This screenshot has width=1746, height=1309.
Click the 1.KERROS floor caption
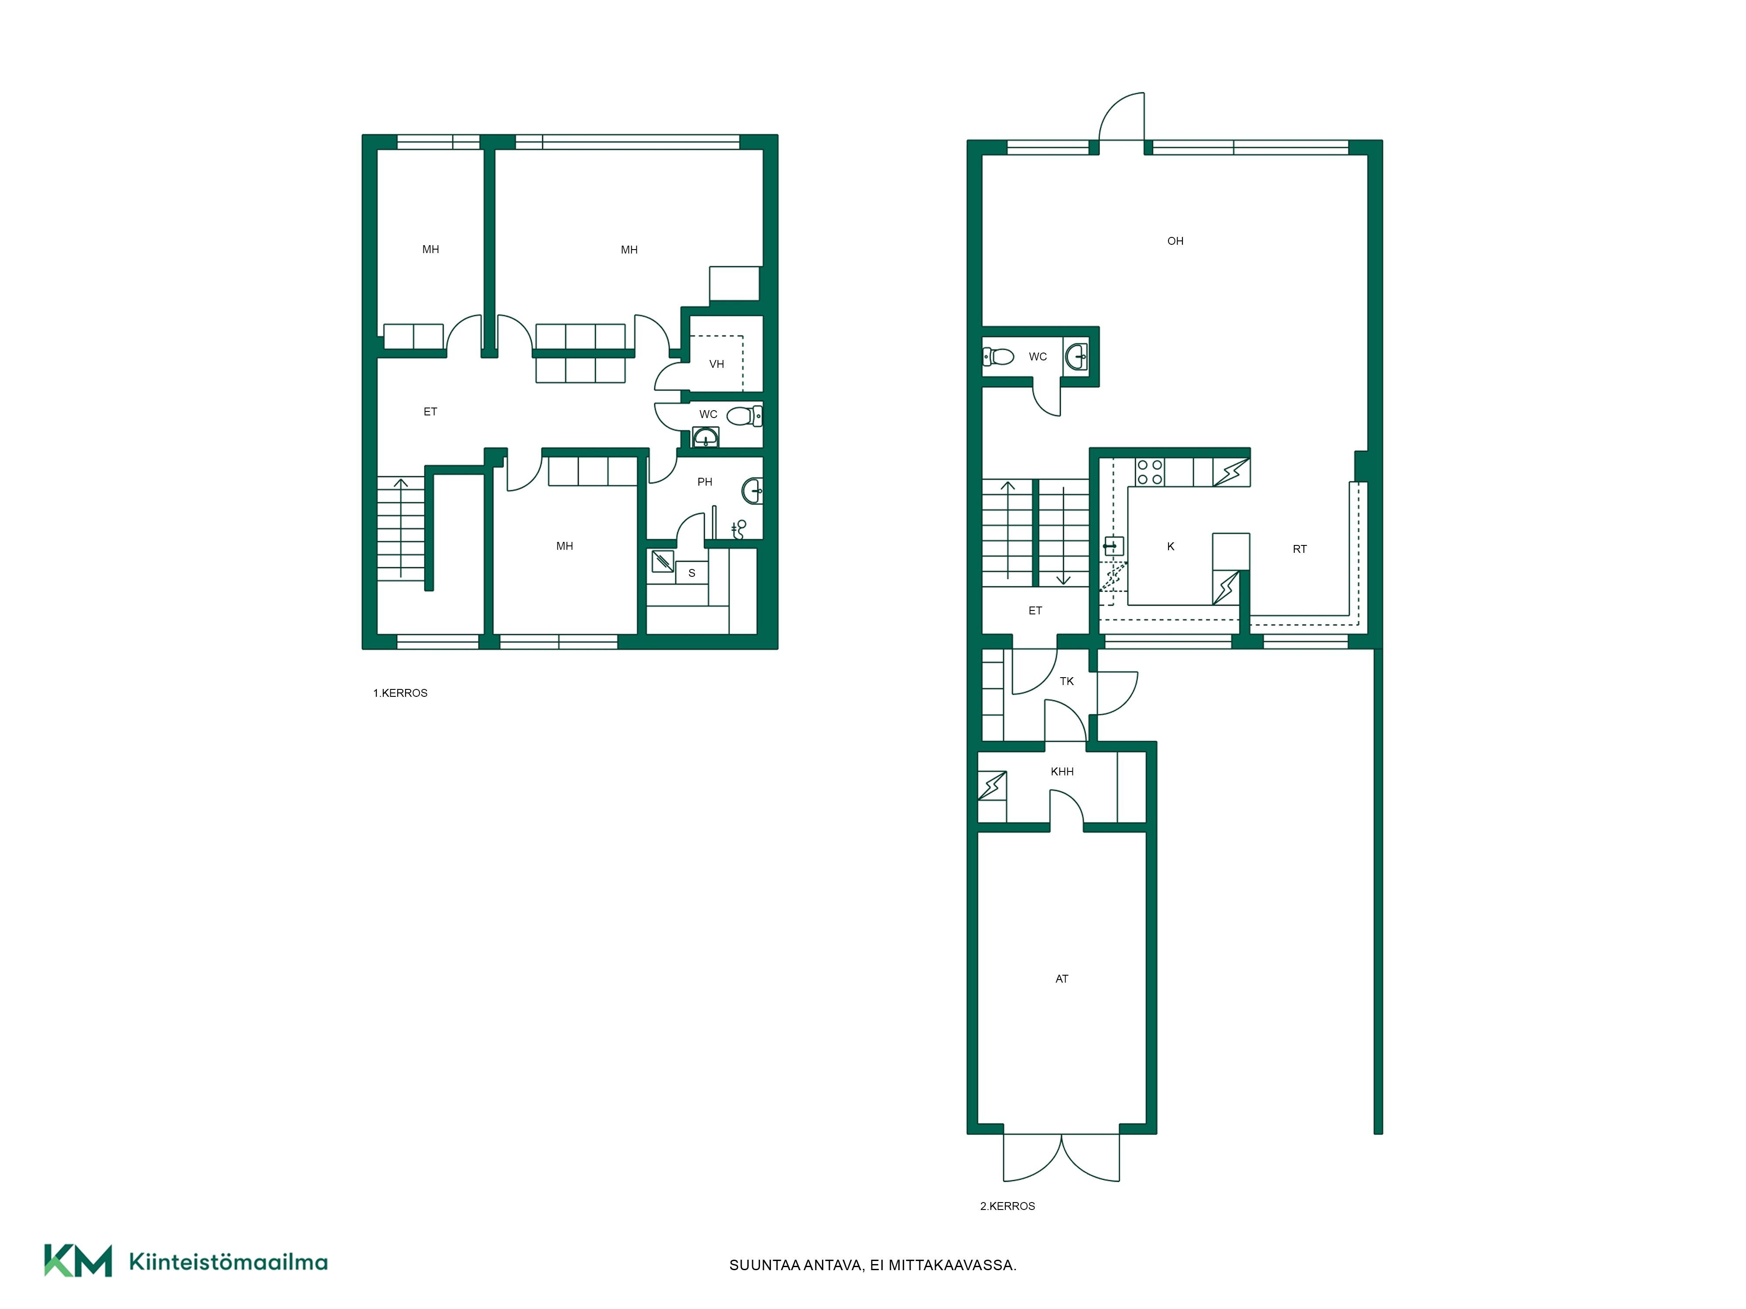coord(400,693)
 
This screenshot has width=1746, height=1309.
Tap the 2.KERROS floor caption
coord(1007,1206)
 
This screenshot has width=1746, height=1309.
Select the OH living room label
coord(1175,241)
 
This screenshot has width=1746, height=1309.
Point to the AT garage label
coord(1062,978)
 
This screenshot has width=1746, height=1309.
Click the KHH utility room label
coord(1062,771)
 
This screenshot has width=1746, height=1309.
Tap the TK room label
coord(1066,681)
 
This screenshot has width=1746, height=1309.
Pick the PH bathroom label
coord(705,481)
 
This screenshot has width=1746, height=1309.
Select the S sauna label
coord(691,573)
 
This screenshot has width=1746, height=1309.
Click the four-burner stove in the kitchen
coord(1149,472)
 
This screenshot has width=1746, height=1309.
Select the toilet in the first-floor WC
coord(743,415)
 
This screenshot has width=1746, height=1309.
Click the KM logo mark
coord(77,1260)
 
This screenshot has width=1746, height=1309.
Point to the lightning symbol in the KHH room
coord(992,786)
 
